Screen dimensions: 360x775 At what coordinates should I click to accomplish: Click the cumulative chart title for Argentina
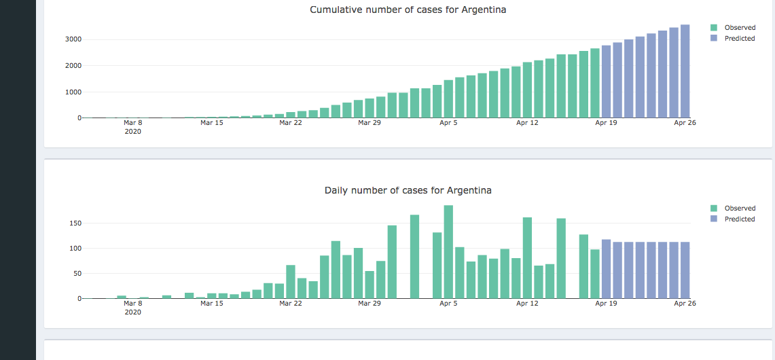[408, 10]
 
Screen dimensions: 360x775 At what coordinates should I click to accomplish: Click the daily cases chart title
[408, 191]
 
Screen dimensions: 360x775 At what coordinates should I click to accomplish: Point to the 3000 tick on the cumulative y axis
[73, 39]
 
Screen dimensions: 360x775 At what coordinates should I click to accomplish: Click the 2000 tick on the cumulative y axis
[73, 66]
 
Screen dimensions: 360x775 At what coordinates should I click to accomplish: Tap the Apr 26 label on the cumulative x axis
[685, 123]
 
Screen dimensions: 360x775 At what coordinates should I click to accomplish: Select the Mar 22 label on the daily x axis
[291, 304]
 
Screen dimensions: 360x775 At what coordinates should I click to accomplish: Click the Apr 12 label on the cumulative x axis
[527, 123]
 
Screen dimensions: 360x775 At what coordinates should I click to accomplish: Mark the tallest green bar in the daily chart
[448, 251]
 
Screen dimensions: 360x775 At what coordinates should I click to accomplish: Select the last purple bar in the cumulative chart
[685, 71]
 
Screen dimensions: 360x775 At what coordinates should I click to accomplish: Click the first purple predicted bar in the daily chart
[606, 269]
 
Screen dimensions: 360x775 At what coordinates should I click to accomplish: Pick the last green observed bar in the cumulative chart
[595, 83]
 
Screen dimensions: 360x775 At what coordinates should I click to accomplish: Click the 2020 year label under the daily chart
[133, 312]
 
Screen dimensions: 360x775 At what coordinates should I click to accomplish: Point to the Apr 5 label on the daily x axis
[448, 304]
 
